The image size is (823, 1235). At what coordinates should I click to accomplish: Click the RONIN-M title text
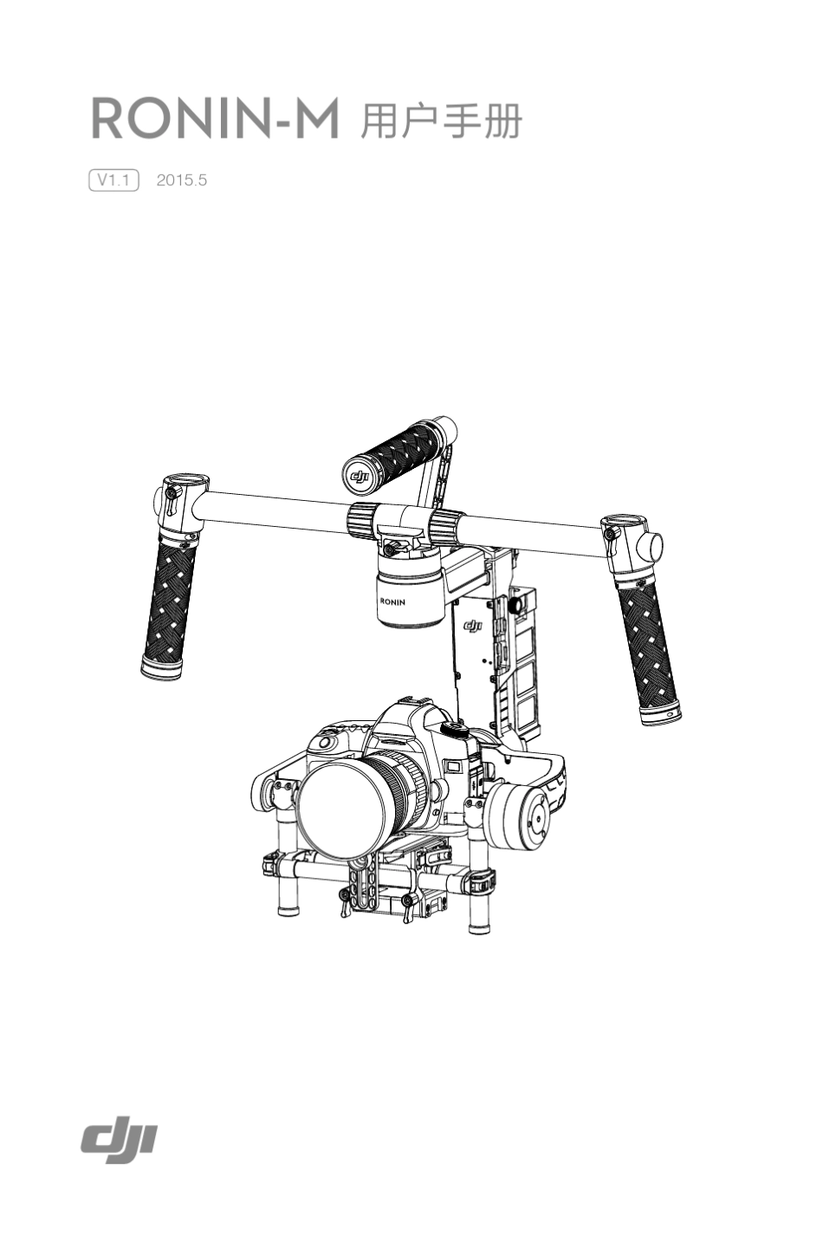tap(215, 119)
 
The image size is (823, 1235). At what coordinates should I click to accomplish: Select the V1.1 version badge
tap(113, 179)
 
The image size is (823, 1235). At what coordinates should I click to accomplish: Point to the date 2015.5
tap(181, 180)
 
